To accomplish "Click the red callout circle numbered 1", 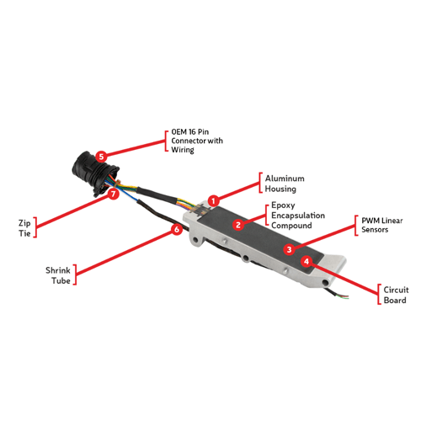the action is point(214,201).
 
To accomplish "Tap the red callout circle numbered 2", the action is point(238,225).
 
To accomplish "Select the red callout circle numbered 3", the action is point(289,249).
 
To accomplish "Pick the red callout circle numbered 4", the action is point(306,261).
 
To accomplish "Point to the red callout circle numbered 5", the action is point(101,157).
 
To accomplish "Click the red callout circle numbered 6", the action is point(177,229).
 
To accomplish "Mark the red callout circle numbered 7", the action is point(114,194).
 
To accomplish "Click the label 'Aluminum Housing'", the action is point(285,184).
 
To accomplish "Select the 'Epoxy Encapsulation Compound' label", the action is point(298,216).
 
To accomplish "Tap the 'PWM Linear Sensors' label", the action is point(382,225).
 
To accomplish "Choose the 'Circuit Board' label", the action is point(396,295).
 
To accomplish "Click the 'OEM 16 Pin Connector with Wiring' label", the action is point(197,141).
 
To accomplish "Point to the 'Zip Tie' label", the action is point(24,228).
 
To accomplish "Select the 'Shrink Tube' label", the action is point(58,275).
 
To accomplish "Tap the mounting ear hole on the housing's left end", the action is point(195,240).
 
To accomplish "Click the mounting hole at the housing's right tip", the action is point(325,282).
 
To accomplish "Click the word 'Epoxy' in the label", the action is point(283,205).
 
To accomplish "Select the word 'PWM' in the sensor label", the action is point(370,221).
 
